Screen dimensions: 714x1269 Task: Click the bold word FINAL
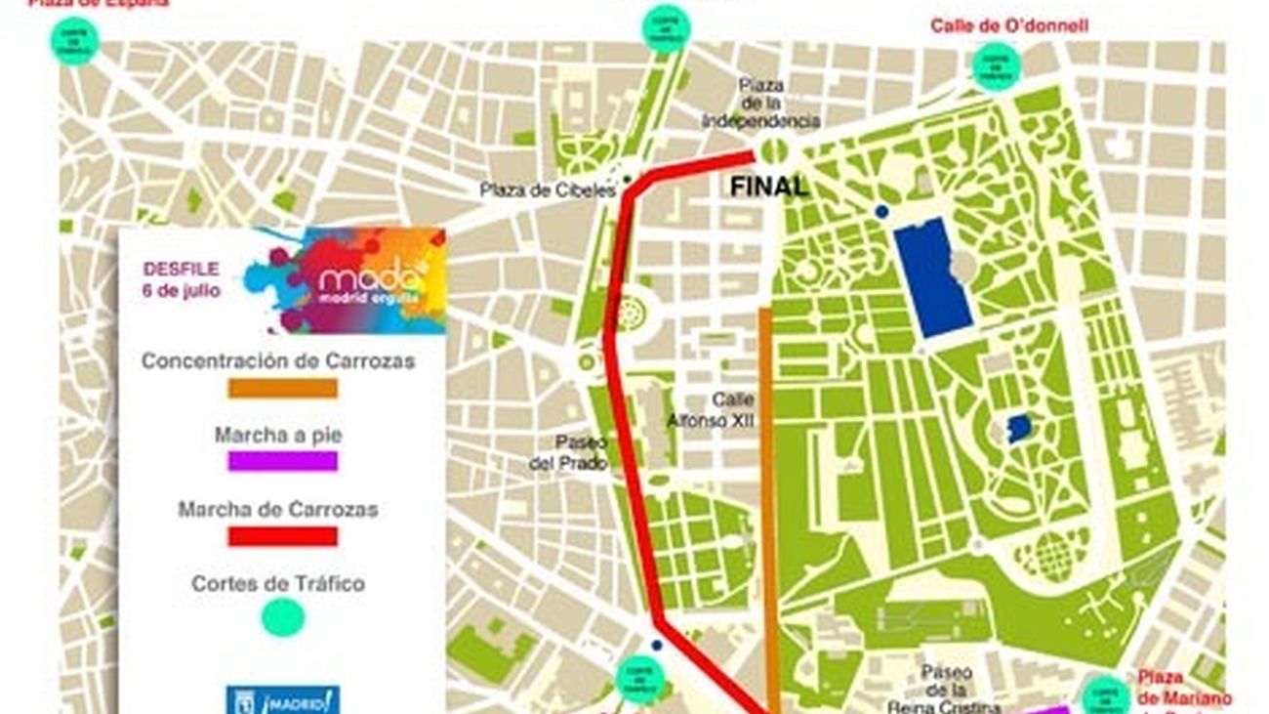tap(769, 187)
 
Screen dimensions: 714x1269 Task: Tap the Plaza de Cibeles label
tap(548, 190)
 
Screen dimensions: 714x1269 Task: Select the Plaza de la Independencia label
tap(761, 104)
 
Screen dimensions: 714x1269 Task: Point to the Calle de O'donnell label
tap(1008, 25)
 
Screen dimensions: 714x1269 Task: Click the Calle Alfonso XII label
tap(731, 410)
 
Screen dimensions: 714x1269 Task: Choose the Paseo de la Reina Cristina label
tap(945, 690)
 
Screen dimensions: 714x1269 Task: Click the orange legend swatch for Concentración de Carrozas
tap(282, 388)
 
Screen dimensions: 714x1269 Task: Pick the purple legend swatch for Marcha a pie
tap(282, 461)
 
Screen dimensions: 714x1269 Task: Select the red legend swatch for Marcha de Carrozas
tap(282, 536)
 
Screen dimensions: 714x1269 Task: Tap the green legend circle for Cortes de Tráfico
tap(283, 618)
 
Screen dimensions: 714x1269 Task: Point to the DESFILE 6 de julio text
tap(182, 279)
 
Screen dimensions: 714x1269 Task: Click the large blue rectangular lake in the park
tap(932, 277)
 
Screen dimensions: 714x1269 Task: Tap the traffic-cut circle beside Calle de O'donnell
tap(996, 66)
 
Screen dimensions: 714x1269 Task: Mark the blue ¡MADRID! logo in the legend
tap(283, 699)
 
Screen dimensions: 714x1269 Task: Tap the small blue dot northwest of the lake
tap(882, 211)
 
